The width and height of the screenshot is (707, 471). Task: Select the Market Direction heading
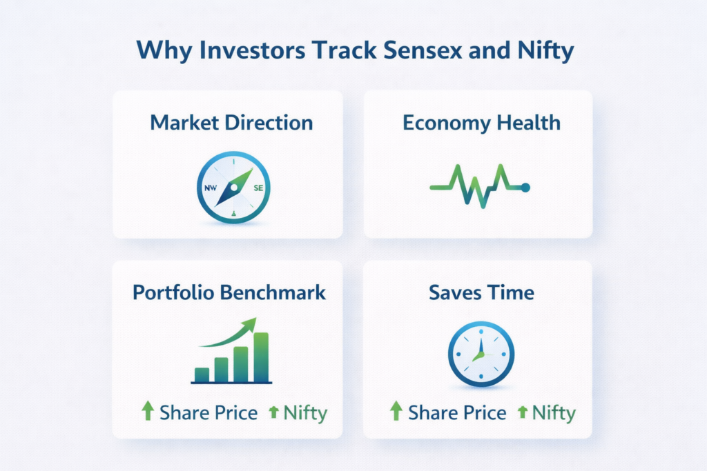coord(231,123)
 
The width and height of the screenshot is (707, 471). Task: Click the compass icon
coord(233,188)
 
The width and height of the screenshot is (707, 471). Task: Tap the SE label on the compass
coord(258,188)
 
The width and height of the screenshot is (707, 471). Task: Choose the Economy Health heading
coord(481,123)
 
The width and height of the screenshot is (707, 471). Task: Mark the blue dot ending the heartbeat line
coord(525,187)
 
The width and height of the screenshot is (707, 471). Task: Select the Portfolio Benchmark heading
coord(229,292)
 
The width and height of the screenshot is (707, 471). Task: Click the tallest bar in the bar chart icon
coord(261,357)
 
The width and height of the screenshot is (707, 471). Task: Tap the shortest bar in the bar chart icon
coord(202,374)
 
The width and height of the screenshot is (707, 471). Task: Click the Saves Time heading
coord(481,292)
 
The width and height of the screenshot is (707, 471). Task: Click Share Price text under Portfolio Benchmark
coord(209,412)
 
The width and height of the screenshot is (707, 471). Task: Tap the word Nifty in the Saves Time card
coord(554,412)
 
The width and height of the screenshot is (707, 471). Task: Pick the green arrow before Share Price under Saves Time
coord(396,412)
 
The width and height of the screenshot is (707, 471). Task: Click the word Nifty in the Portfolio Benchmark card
coord(305,412)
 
